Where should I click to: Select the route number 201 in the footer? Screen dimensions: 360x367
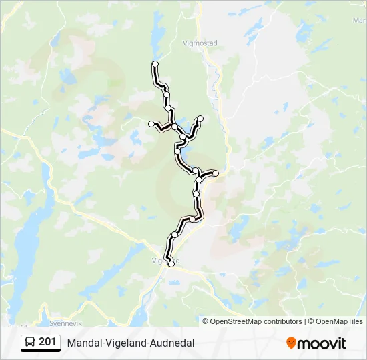47,342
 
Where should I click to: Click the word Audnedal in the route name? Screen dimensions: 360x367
172,343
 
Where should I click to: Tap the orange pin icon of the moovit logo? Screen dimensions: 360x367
291,343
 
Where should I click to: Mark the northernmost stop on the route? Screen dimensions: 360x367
155,64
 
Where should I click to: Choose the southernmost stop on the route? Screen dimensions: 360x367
171,265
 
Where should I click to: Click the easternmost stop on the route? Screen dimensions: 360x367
216,173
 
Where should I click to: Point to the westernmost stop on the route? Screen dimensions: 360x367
151,123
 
